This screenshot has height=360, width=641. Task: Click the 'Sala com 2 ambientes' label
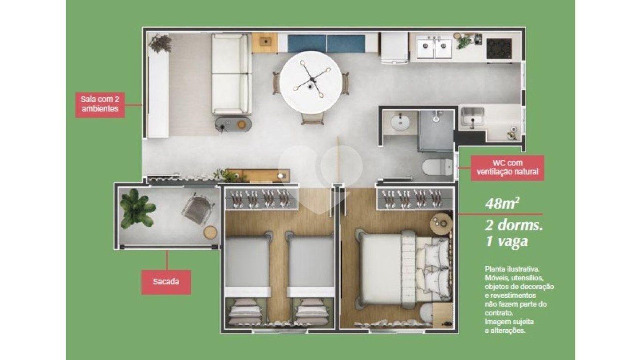pos(100,105)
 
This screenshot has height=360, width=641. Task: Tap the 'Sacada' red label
pos(166,282)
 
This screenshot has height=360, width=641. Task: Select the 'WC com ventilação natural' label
pos(507,168)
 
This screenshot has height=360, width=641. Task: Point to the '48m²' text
pos(502,203)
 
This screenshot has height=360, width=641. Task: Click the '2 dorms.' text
pos(514,225)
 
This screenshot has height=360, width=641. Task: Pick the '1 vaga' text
pos(506,241)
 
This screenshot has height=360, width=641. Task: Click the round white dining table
pos(311,82)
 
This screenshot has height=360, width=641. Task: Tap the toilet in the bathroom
pos(436,167)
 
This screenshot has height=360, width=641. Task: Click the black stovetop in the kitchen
pos(499,48)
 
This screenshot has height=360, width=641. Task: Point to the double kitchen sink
pos(434,48)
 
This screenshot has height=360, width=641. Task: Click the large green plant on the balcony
pos(137,208)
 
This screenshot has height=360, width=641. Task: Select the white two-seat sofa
pos(231,74)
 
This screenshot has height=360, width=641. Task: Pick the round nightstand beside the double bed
pos(441,224)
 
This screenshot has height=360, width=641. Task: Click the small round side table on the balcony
pos(210,232)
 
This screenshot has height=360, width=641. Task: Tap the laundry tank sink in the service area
pos(472,117)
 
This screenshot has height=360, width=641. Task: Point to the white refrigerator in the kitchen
pos(394,48)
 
